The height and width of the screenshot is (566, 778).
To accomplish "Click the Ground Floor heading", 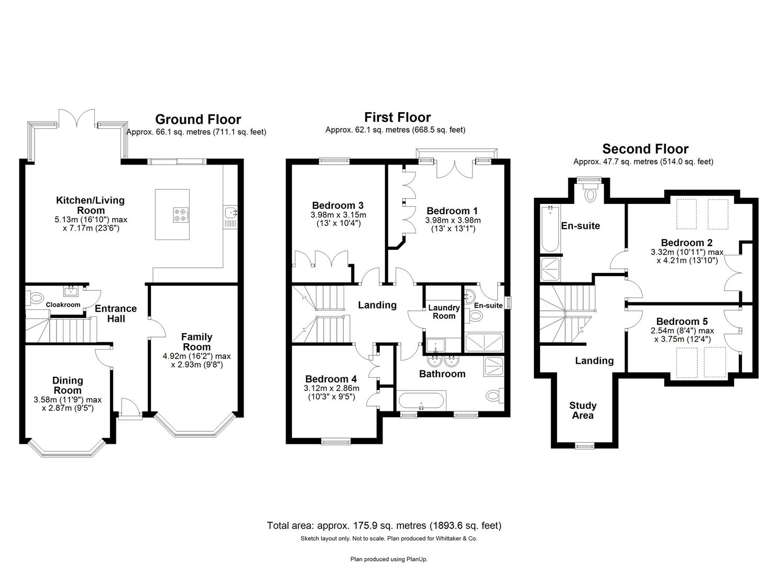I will point(198,119).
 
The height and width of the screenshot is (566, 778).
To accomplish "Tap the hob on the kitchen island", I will point(181,214).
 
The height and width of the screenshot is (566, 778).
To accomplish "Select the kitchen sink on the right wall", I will point(231,212).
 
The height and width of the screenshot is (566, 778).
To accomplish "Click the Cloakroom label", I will point(63,304).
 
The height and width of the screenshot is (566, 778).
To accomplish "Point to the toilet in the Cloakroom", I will point(36,299).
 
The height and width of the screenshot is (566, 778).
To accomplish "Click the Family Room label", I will point(196,342).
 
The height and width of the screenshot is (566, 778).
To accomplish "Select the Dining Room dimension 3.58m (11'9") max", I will point(68,399).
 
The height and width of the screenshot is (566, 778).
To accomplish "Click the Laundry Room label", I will point(444,312).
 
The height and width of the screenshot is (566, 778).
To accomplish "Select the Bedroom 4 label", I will point(331,379).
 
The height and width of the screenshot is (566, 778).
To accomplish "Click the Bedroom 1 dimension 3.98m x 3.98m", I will point(453,220).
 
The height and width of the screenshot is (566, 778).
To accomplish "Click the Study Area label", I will point(583,410).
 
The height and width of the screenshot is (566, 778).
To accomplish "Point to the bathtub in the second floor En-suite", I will point(550,228).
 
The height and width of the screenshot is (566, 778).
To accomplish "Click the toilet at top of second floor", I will point(591,194).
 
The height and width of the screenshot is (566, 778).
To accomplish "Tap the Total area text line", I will point(384,525).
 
